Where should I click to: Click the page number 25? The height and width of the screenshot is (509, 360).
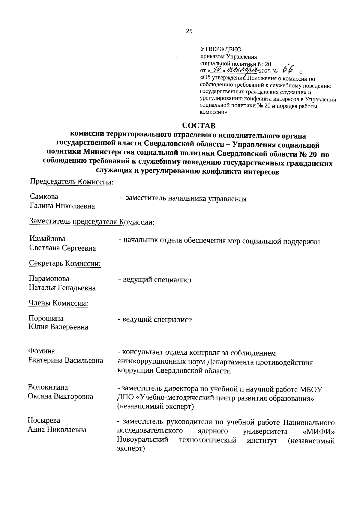click(x=189, y=31)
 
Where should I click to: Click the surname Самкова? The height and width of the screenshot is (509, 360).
click(x=44, y=197)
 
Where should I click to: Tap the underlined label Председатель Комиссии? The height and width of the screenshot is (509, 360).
click(x=71, y=182)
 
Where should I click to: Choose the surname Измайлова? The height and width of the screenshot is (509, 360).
click(x=47, y=239)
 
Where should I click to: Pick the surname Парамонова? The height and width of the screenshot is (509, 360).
click(x=49, y=278)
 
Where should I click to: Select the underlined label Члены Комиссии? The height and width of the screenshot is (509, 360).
click(x=58, y=303)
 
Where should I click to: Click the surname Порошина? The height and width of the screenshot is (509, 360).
click(x=46, y=318)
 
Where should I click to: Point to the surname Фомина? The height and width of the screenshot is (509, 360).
click(x=41, y=351)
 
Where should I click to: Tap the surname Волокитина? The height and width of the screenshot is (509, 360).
click(x=48, y=387)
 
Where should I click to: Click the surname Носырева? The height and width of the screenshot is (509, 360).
click(x=44, y=420)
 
